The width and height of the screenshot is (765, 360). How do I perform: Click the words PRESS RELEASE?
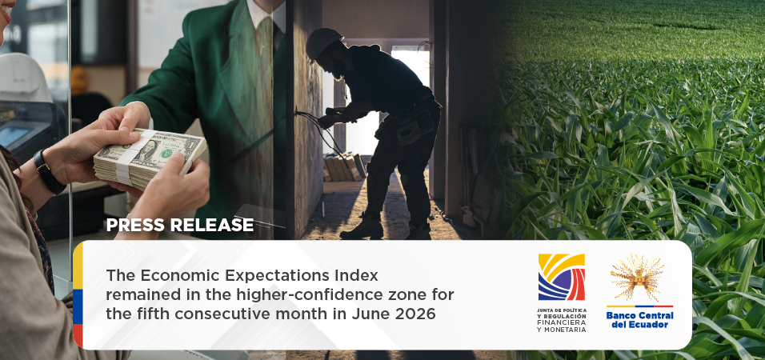tap(179, 224)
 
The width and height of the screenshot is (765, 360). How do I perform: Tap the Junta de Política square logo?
tap(561, 277)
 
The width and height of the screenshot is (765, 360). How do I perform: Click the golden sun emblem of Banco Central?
tap(637, 277)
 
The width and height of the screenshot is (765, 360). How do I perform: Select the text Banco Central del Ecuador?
tap(639, 320)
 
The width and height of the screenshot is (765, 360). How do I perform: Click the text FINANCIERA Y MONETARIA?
tap(561, 326)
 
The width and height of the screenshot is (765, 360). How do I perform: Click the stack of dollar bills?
tap(150, 158)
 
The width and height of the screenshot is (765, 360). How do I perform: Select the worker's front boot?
tap(362, 229)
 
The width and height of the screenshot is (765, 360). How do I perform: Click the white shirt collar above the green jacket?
tap(266, 14)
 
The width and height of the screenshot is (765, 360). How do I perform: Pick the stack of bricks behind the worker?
tap(344, 168)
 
